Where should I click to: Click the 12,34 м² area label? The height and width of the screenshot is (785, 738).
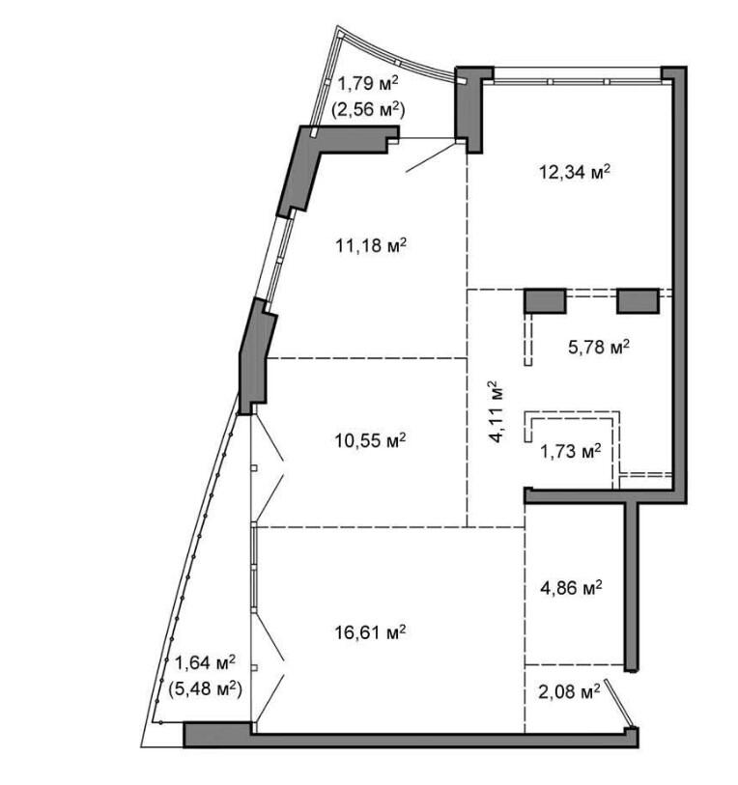coord(575,173)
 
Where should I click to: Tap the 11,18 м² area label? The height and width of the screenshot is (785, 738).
coord(371,246)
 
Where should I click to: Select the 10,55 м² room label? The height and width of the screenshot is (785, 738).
coord(370,440)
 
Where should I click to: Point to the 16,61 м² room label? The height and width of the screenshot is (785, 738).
coord(370,632)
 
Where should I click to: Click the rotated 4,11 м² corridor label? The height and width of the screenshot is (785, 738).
coord(496,411)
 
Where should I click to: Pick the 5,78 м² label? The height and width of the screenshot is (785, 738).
coord(599,347)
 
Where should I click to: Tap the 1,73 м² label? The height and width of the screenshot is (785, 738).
coord(571,452)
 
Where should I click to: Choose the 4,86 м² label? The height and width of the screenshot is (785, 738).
coord(571,587)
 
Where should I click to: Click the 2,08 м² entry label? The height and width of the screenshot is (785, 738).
coord(569,692)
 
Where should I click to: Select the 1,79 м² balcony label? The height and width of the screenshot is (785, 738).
coord(368,83)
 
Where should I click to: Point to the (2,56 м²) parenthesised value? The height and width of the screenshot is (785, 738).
coord(368,109)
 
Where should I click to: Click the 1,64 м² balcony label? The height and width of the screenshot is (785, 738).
coord(205,663)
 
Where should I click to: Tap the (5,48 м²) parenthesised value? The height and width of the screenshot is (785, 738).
coord(205,689)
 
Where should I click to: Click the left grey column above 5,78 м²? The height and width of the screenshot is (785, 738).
coord(545,301)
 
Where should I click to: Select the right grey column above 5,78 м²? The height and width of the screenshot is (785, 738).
coord(638,301)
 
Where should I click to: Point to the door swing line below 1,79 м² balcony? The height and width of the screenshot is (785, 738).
coord(434,157)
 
